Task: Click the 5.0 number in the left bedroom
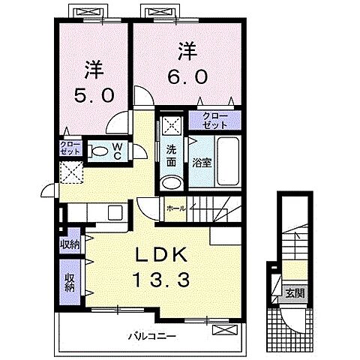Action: click(x=94, y=96)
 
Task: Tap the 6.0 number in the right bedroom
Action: click(x=187, y=76)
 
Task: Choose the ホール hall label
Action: click(x=176, y=208)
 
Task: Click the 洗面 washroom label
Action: click(x=171, y=153)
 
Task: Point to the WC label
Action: click(x=118, y=150)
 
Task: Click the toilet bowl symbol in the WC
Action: click(x=98, y=151)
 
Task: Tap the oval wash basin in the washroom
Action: click(x=172, y=182)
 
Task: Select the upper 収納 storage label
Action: click(x=70, y=245)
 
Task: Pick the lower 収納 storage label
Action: click(x=70, y=283)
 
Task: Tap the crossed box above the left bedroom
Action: click(x=82, y=13)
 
